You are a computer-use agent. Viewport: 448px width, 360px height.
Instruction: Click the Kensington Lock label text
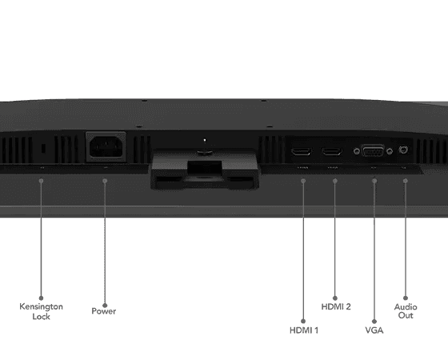(x=41, y=311)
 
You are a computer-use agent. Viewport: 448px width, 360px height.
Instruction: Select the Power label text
(x=104, y=311)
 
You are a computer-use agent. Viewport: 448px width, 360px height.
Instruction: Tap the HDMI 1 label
(x=304, y=330)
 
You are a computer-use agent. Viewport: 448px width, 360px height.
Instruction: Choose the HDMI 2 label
(x=336, y=306)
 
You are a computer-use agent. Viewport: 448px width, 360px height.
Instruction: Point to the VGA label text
(x=374, y=330)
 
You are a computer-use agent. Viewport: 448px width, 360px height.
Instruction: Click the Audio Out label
(x=406, y=311)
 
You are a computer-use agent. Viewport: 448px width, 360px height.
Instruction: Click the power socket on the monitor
(x=106, y=146)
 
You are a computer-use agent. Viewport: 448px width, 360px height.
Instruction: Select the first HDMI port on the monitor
(x=302, y=151)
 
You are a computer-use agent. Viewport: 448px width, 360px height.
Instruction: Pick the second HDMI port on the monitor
(x=332, y=151)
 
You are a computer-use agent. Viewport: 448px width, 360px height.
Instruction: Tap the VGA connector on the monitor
(x=373, y=150)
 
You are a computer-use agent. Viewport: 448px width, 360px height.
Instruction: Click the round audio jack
(x=403, y=150)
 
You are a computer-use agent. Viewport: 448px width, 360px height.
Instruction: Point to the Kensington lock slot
(x=43, y=148)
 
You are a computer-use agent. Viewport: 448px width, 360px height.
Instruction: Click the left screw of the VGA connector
(x=356, y=151)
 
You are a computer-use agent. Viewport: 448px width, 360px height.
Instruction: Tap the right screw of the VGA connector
(x=390, y=151)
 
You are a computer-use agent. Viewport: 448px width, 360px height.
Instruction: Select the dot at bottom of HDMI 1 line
(x=303, y=321)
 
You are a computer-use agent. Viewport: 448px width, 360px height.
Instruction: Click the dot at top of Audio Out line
(x=405, y=181)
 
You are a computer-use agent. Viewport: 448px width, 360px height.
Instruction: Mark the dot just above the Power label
(x=105, y=305)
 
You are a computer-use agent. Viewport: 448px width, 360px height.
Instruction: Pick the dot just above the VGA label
(x=374, y=322)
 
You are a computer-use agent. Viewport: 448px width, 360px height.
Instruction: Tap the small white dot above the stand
(x=205, y=140)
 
